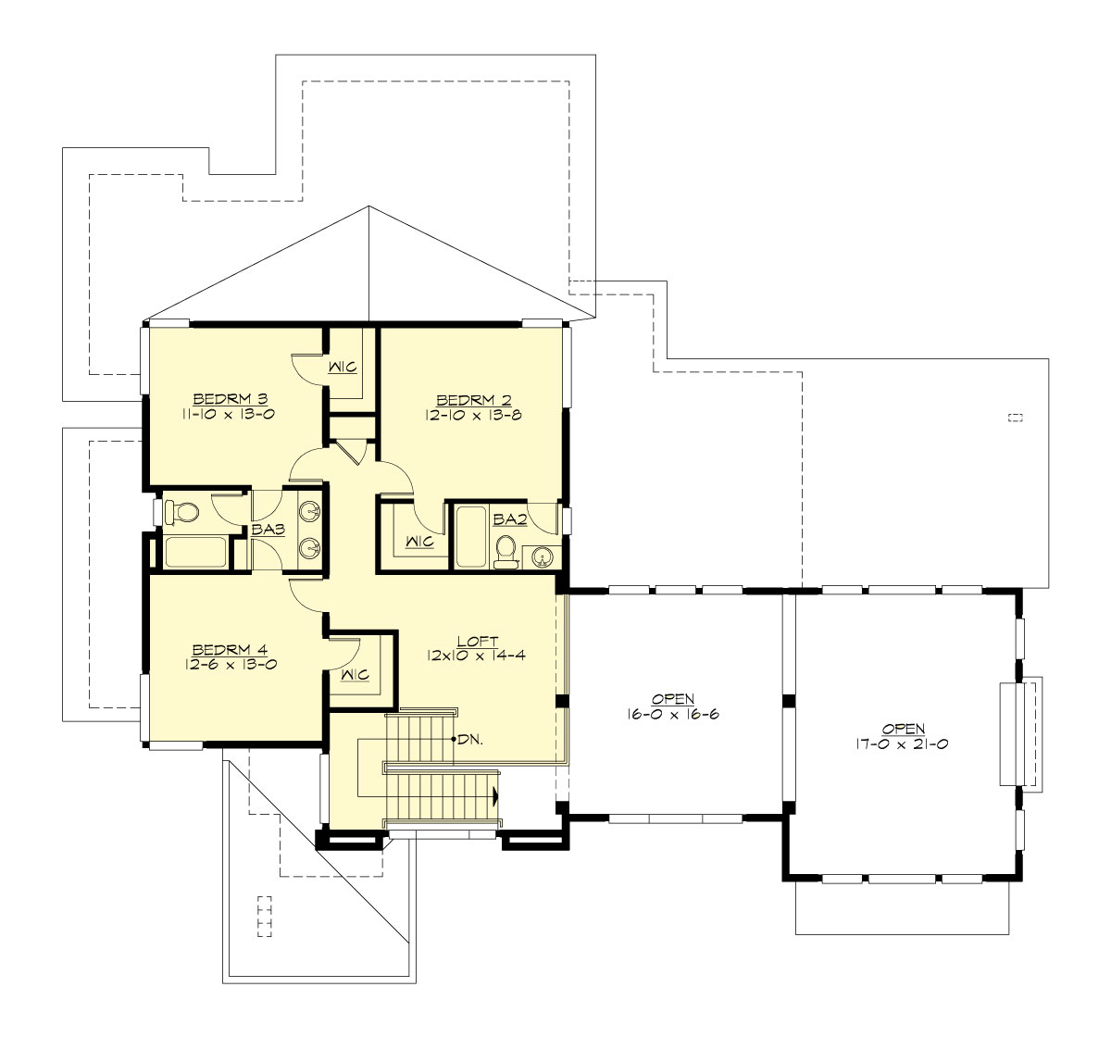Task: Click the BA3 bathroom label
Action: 268,531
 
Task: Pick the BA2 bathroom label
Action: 509,520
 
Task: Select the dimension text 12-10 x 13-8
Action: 474,416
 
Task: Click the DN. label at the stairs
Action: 469,740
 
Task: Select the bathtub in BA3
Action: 195,552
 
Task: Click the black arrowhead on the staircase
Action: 496,795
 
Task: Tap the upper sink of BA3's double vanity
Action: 311,511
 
